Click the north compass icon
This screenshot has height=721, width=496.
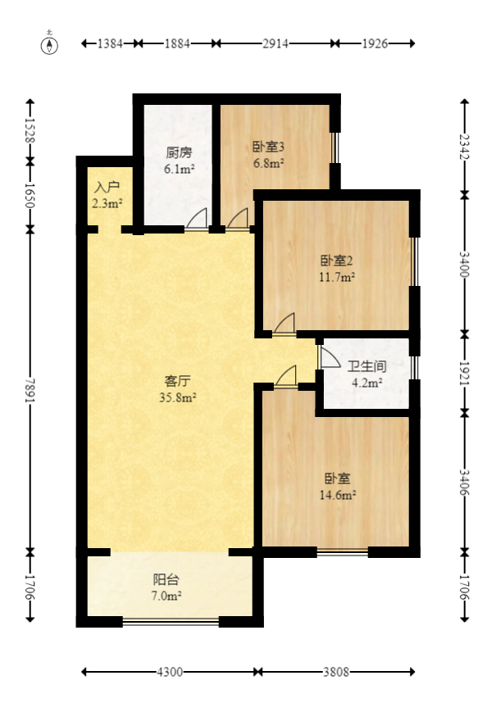[x=50, y=44]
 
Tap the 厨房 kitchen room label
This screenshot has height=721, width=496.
[x=179, y=152]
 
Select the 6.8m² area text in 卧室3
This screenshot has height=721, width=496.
[x=267, y=163]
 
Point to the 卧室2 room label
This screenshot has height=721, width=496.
[x=336, y=261]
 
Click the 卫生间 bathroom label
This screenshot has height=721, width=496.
[x=366, y=366]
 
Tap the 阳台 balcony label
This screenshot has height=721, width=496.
[x=167, y=580]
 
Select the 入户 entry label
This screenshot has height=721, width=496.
[x=107, y=187]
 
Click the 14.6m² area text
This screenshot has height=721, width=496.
[x=337, y=495]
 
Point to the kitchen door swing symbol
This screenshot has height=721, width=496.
[x=197, y=219]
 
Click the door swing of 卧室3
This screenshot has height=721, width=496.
[x=238, y=219]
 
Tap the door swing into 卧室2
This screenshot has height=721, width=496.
[x=284, y=324]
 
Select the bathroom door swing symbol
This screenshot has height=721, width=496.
[x=328, y=358]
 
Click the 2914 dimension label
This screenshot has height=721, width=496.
[x=275, y=44]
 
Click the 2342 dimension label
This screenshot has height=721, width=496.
[x=465, y=146]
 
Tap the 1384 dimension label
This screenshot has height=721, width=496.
[x=109, y=44]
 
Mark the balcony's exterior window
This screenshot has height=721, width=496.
[x=171, y=622]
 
